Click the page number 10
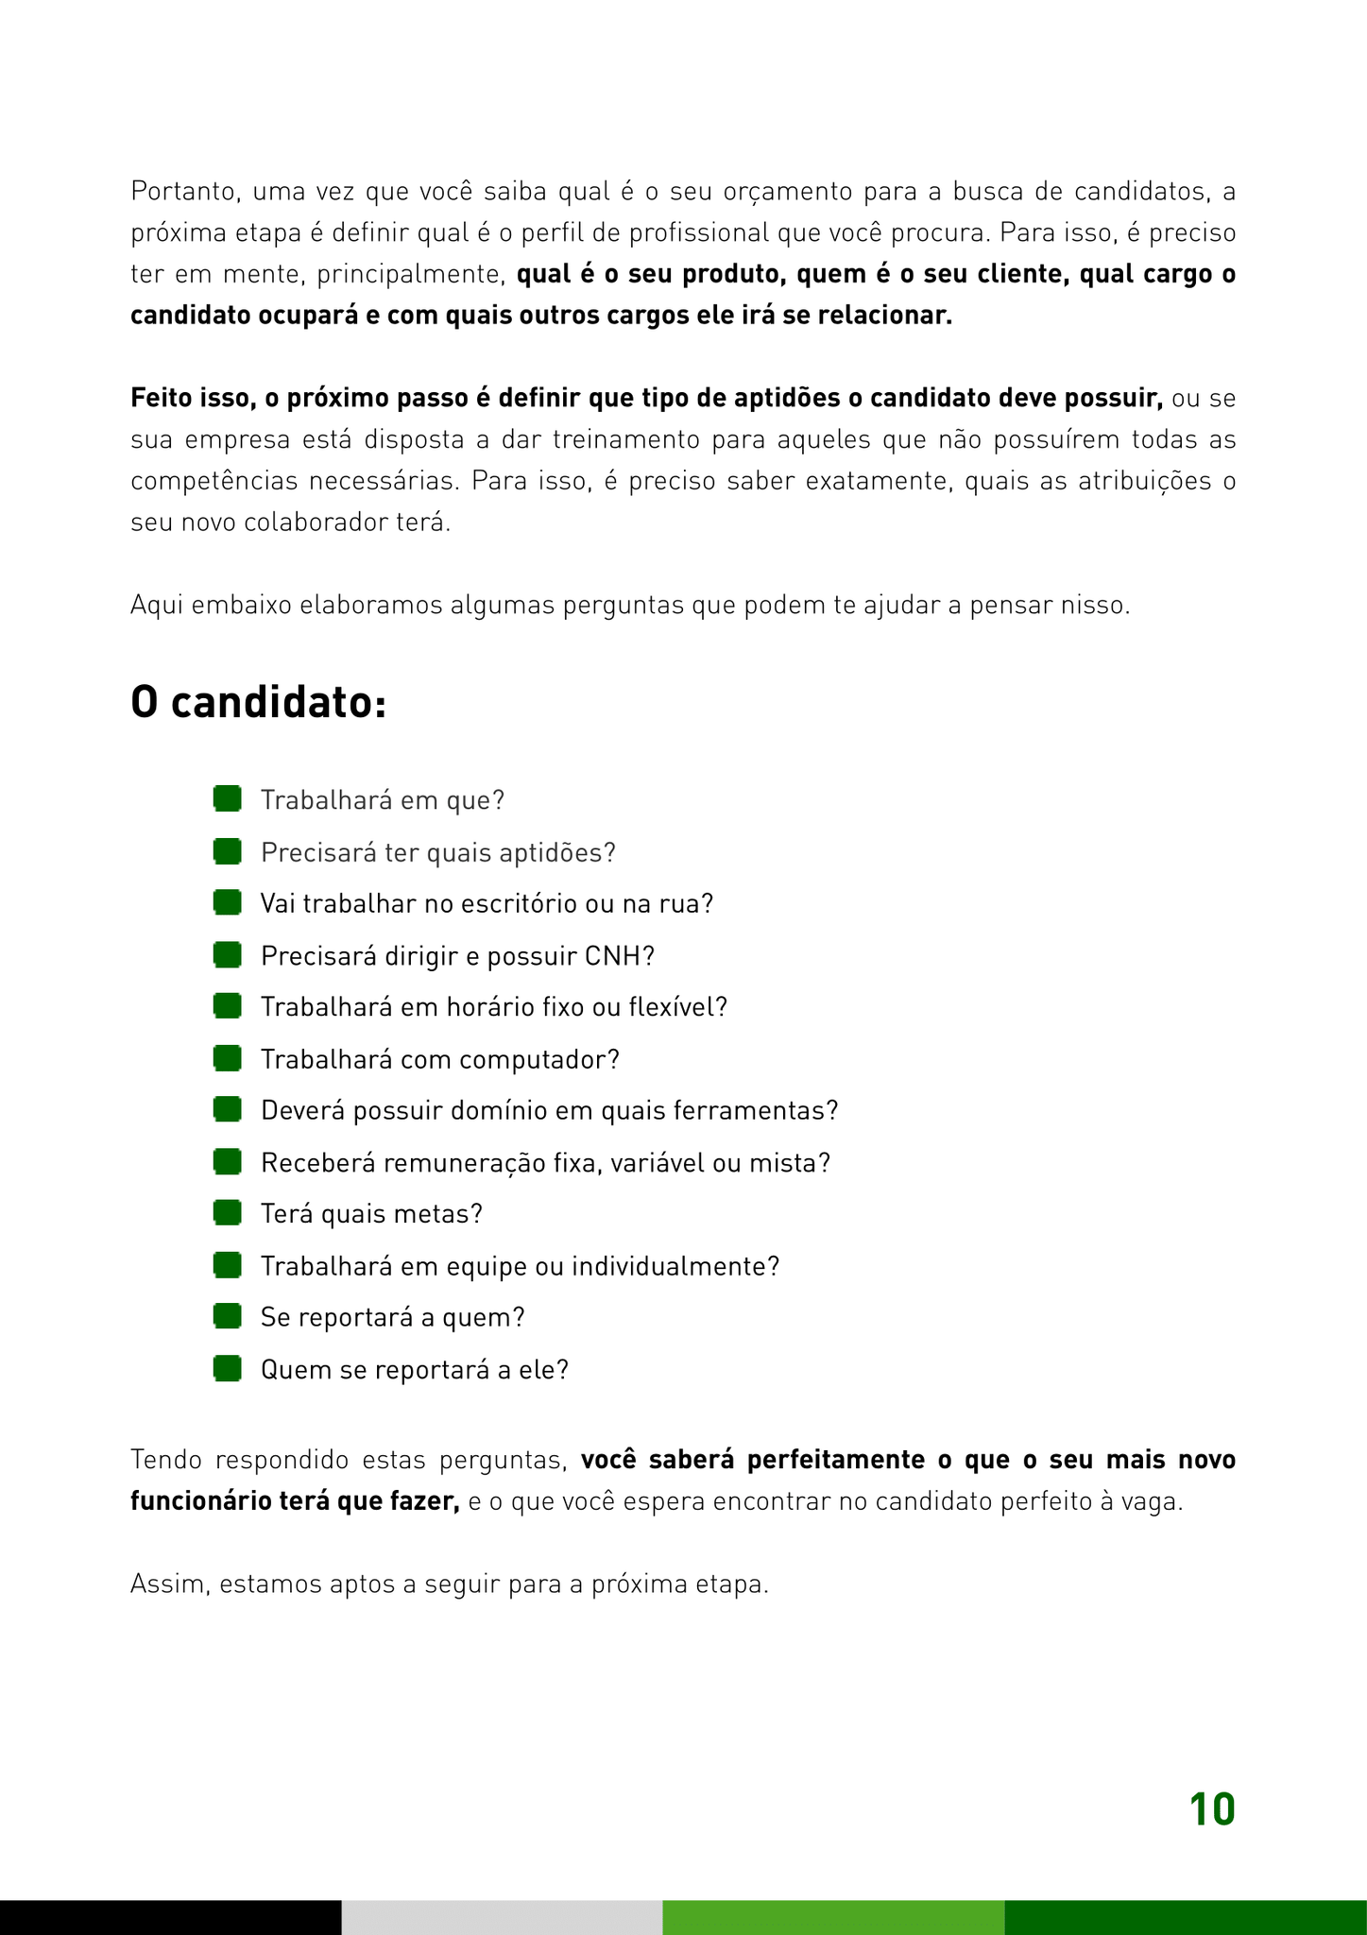click(1212, 1810)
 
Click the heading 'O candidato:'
click(258, 703)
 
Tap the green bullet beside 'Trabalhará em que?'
click(227, 799)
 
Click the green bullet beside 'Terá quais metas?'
click(227, 1212)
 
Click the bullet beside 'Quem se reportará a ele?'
click(227, 1368)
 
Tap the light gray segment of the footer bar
click(502, 1917)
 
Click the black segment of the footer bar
click(170, 1917)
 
